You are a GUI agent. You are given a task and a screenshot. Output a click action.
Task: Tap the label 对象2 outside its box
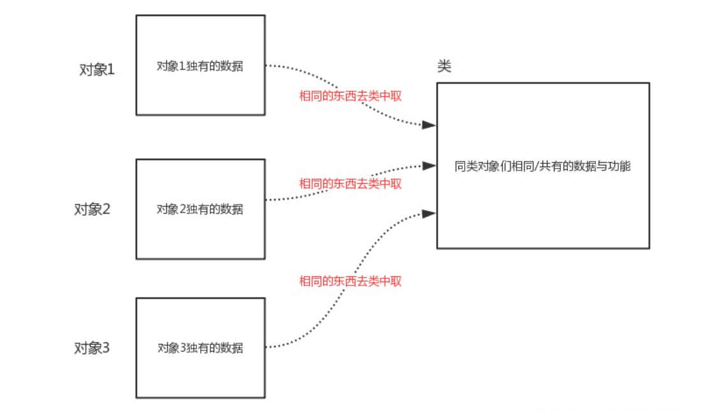92,209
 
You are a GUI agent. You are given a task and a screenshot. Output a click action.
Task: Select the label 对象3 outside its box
92,348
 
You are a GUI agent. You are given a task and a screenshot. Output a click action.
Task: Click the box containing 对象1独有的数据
200,38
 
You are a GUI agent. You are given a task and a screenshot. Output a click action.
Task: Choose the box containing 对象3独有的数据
200,377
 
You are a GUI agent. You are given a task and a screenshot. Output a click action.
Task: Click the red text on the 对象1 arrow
351,96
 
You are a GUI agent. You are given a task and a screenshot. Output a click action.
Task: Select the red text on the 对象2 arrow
351,184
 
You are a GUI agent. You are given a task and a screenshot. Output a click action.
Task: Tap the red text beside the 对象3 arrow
351,281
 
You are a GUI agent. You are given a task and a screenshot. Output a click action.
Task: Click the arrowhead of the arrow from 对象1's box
430,125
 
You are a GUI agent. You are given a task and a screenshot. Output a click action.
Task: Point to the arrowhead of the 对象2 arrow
430,166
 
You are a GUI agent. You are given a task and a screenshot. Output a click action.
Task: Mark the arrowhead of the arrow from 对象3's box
430,213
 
